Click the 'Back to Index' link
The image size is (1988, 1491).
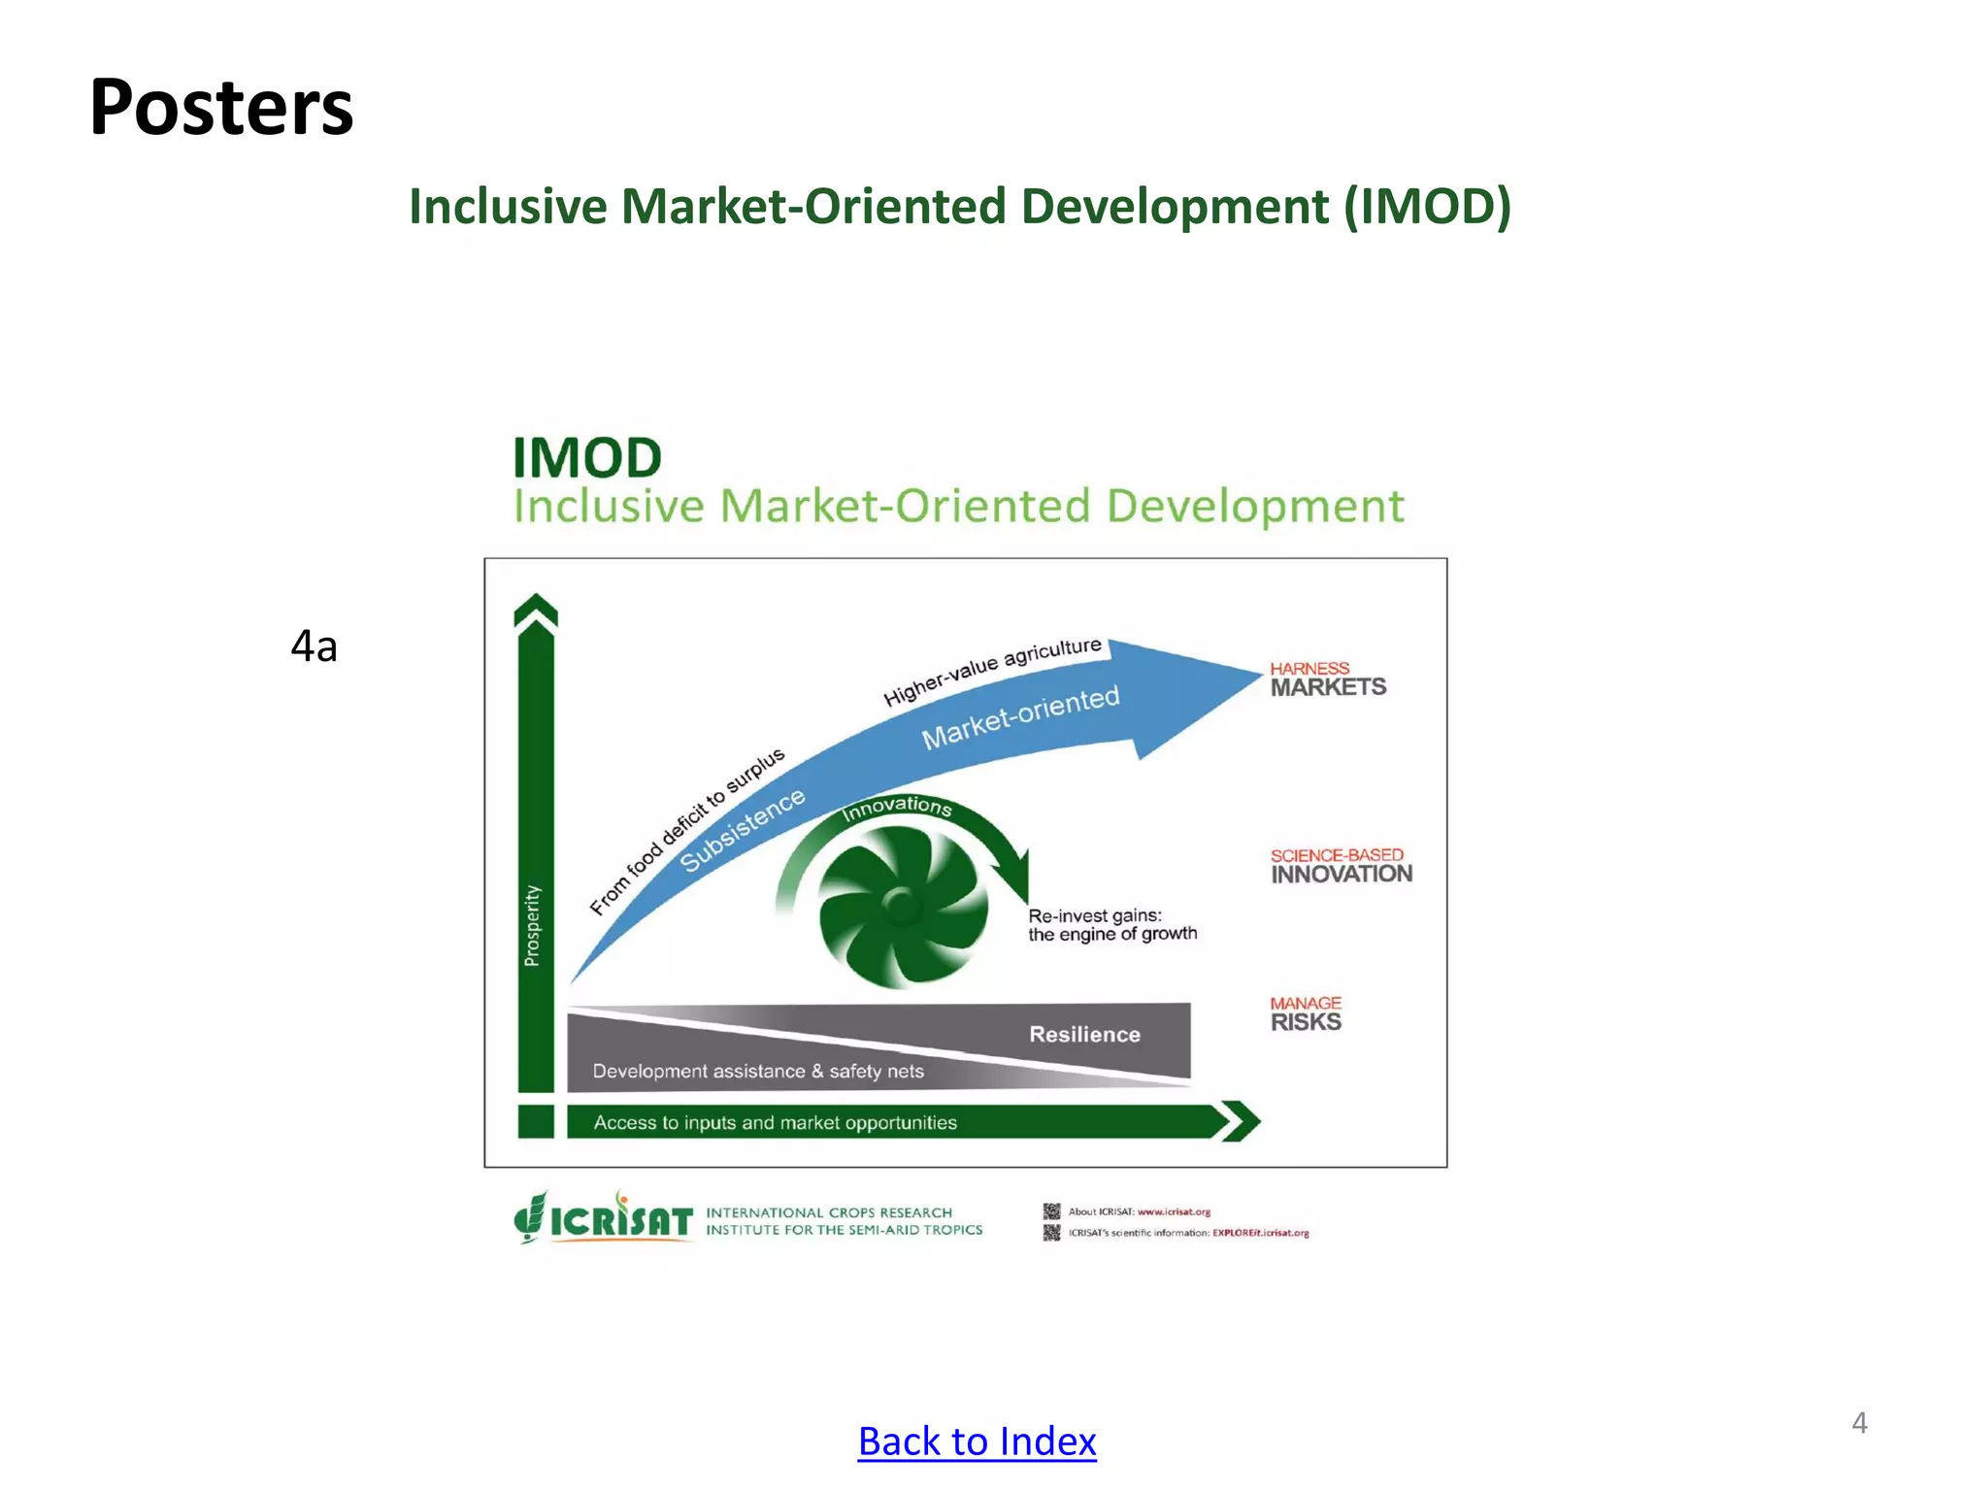(977, 1441)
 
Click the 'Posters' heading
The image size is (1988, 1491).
(221, 107)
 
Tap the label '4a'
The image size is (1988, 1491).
(314, 646)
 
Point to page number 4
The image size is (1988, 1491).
(1859, 1423)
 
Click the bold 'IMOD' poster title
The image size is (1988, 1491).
(586, 457)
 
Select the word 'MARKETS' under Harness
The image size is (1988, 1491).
(1328, 687)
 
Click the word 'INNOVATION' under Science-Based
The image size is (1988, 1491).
(1342, 874)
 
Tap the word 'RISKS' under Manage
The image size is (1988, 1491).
(1306, 1022)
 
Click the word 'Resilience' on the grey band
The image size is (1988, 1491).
(1084, 1035)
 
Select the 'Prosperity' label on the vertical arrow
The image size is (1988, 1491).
(533, 925)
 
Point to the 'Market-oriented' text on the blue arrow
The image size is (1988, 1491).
(1020, 717)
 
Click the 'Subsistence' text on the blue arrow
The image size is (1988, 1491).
(743, 830)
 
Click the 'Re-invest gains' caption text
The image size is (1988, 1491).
(1095, 915)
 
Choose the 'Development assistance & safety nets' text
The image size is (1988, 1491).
(758, 1072)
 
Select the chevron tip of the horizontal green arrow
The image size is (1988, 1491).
(1241, 1122)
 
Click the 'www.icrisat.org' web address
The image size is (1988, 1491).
(1174, 1211)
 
